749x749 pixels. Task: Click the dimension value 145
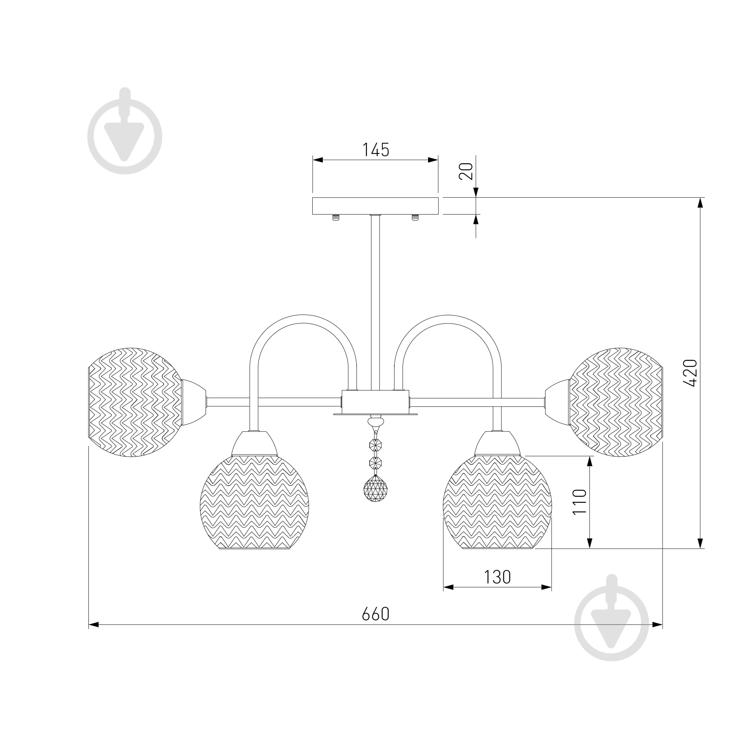pyautogui.click(x=375, y=150)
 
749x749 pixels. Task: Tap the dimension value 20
pyautogui.click(x=466, y=171)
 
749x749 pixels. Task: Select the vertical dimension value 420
pyautogui.click(x=690, y=373)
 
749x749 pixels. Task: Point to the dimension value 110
pyautogui.click(x=580, y=502)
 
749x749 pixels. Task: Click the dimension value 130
pyautogui.click(x=497, y=577)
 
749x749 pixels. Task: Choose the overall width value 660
pyautogui.click(x=375, y=614)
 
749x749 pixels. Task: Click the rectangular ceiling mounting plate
pyautogui.click(x=375, y=206)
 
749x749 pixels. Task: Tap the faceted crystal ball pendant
pyautogui.click(x=375, y=488)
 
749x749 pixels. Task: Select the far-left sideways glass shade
pyautogui.click(x=135, y=403)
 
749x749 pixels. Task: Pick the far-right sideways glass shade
pyautogui.click(x=616, y=403)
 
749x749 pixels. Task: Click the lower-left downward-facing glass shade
pyautogui.click(x=254, y=502)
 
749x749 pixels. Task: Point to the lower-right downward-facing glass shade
pyautogui.click(x=497, y=502)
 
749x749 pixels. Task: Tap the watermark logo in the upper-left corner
pyautogui.click(x=124, y=131)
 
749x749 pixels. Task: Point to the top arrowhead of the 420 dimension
pyautogui.click(x=700, y=203)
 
